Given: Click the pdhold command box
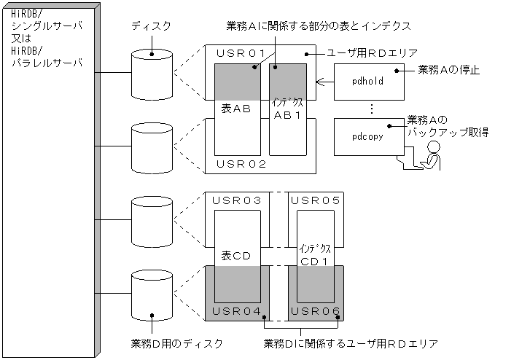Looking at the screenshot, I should click(368, 81).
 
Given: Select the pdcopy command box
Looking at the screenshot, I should click(368, 136).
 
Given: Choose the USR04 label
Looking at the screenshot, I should click(236, 312).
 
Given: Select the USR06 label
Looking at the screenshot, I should click(314, 312).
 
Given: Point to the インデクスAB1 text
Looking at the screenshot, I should click(287, 109).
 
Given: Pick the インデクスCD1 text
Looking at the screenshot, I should click(314, 255).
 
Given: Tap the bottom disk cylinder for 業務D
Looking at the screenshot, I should click(152, 296).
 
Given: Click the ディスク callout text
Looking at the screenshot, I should click(151, 26).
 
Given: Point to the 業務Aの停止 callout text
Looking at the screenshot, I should click(448, 70).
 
